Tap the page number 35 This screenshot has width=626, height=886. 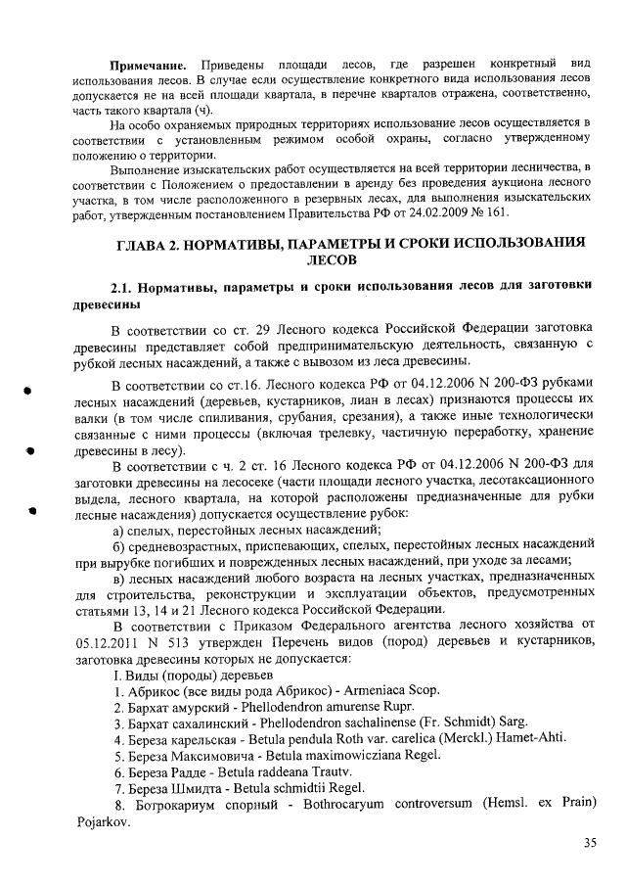point(590,843)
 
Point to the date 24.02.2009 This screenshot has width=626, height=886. point(447,212)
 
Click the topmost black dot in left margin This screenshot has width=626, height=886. point(30,391)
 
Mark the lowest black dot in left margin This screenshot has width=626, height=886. point(32,510)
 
